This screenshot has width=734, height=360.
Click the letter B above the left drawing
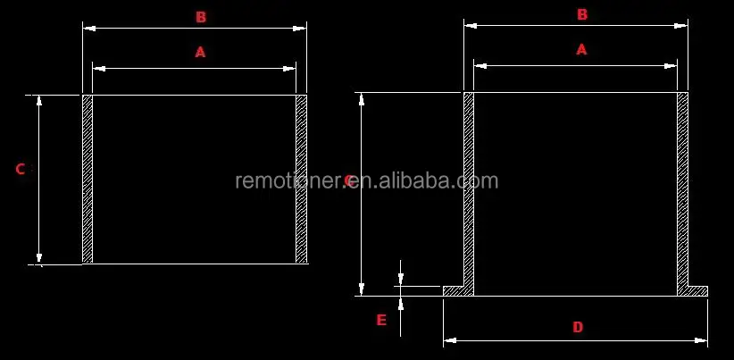pos(201,17)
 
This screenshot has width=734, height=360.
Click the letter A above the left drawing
pos(200,53)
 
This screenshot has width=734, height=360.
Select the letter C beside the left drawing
pos(20,169)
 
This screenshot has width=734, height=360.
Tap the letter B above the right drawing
pos(582,15)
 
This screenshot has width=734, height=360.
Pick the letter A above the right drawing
pos(581,50)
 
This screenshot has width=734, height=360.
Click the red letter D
pos(578,328)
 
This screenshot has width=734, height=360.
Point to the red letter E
pos(381,320)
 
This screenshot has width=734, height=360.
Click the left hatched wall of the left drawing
pos(88,179)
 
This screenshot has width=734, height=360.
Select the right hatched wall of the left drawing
pos(302,179)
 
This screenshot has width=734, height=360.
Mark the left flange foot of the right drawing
pos(457,291)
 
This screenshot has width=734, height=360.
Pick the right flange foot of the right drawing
pos(694,291)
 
